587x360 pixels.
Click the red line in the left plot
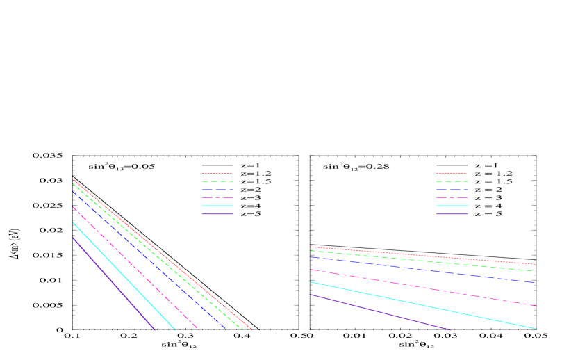pos(208,293)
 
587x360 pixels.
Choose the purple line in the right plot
pos(382,312)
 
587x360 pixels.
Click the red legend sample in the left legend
pos(217,174)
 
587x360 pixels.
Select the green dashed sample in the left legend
pos(217,181)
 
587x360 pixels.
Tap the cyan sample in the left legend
pos(217,206)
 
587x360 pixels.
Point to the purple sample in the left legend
pos(217,214)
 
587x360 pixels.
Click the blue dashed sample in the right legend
pos(452,190)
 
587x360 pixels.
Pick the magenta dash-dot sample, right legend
pos(452,197)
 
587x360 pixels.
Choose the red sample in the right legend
pos(451,174)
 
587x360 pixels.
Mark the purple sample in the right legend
pos(452,214)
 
